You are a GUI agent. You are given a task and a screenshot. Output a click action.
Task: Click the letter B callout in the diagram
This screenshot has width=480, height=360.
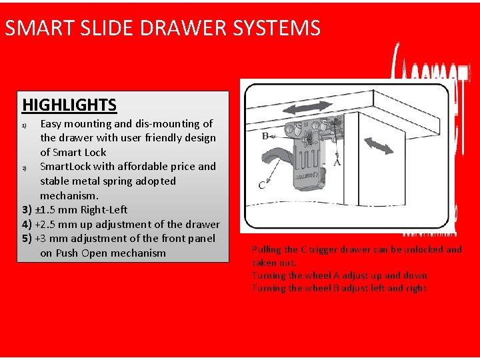(x=265, y=135)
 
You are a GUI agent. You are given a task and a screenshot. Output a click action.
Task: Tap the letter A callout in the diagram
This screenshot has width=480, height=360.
(x=337, y=161)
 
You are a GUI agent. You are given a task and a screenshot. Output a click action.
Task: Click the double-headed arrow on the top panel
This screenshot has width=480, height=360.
(x=307, y=109)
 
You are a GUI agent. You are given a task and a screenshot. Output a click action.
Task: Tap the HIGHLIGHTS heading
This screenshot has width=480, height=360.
(x=69, y=105)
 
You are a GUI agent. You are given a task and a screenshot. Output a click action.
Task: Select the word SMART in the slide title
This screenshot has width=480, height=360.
(x=38, y=28)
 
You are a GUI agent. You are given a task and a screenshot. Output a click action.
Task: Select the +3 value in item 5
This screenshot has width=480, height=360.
(x=41, y=238)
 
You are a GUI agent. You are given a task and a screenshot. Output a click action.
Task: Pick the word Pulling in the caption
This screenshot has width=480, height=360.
(x=266, y=249)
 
